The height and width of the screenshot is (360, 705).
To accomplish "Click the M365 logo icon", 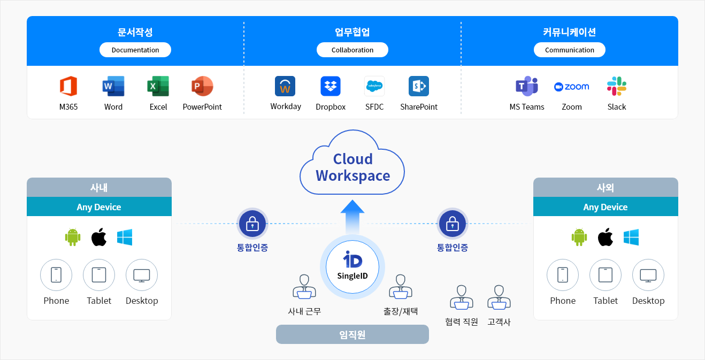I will [68, 86].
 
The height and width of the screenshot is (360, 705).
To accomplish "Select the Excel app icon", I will [158, 86].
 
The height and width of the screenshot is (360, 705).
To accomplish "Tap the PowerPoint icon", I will [202, 86].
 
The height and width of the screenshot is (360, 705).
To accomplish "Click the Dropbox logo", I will [331, 86].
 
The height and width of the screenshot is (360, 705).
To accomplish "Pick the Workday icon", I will [285, 86].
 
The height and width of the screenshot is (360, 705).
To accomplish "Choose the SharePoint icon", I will [418, 86].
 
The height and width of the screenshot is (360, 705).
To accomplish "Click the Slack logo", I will [617, 86].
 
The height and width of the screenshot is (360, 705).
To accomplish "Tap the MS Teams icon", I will [526, 86].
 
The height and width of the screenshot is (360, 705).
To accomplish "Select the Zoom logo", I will [572, 87].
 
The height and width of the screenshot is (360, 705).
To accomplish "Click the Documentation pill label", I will [135, 50].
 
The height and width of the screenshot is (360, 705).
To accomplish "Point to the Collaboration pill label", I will [352, 50].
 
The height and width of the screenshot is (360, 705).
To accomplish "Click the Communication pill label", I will [570, 50].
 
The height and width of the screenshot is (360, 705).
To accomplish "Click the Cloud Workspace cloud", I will [352, 166].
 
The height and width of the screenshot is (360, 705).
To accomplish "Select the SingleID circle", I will [352, 266].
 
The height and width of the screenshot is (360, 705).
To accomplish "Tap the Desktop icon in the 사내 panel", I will [142, 275].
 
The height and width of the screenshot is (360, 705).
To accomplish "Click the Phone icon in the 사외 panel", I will [563, 275].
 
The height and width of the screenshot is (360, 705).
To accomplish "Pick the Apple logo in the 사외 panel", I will [605, 237].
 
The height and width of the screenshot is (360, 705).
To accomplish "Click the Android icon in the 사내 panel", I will [73, 237].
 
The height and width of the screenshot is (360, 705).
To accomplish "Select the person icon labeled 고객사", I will [499, 297].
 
